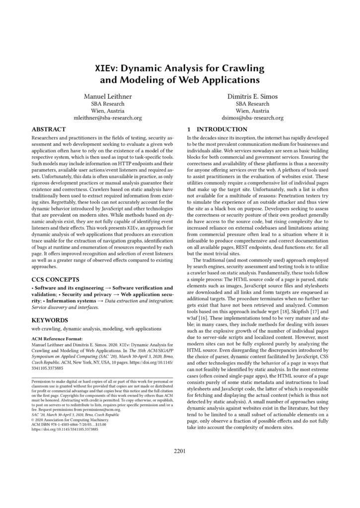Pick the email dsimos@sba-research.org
pyautogui.click(x=252, y=119)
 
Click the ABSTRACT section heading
pyautogui.click(x=49, y=129)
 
